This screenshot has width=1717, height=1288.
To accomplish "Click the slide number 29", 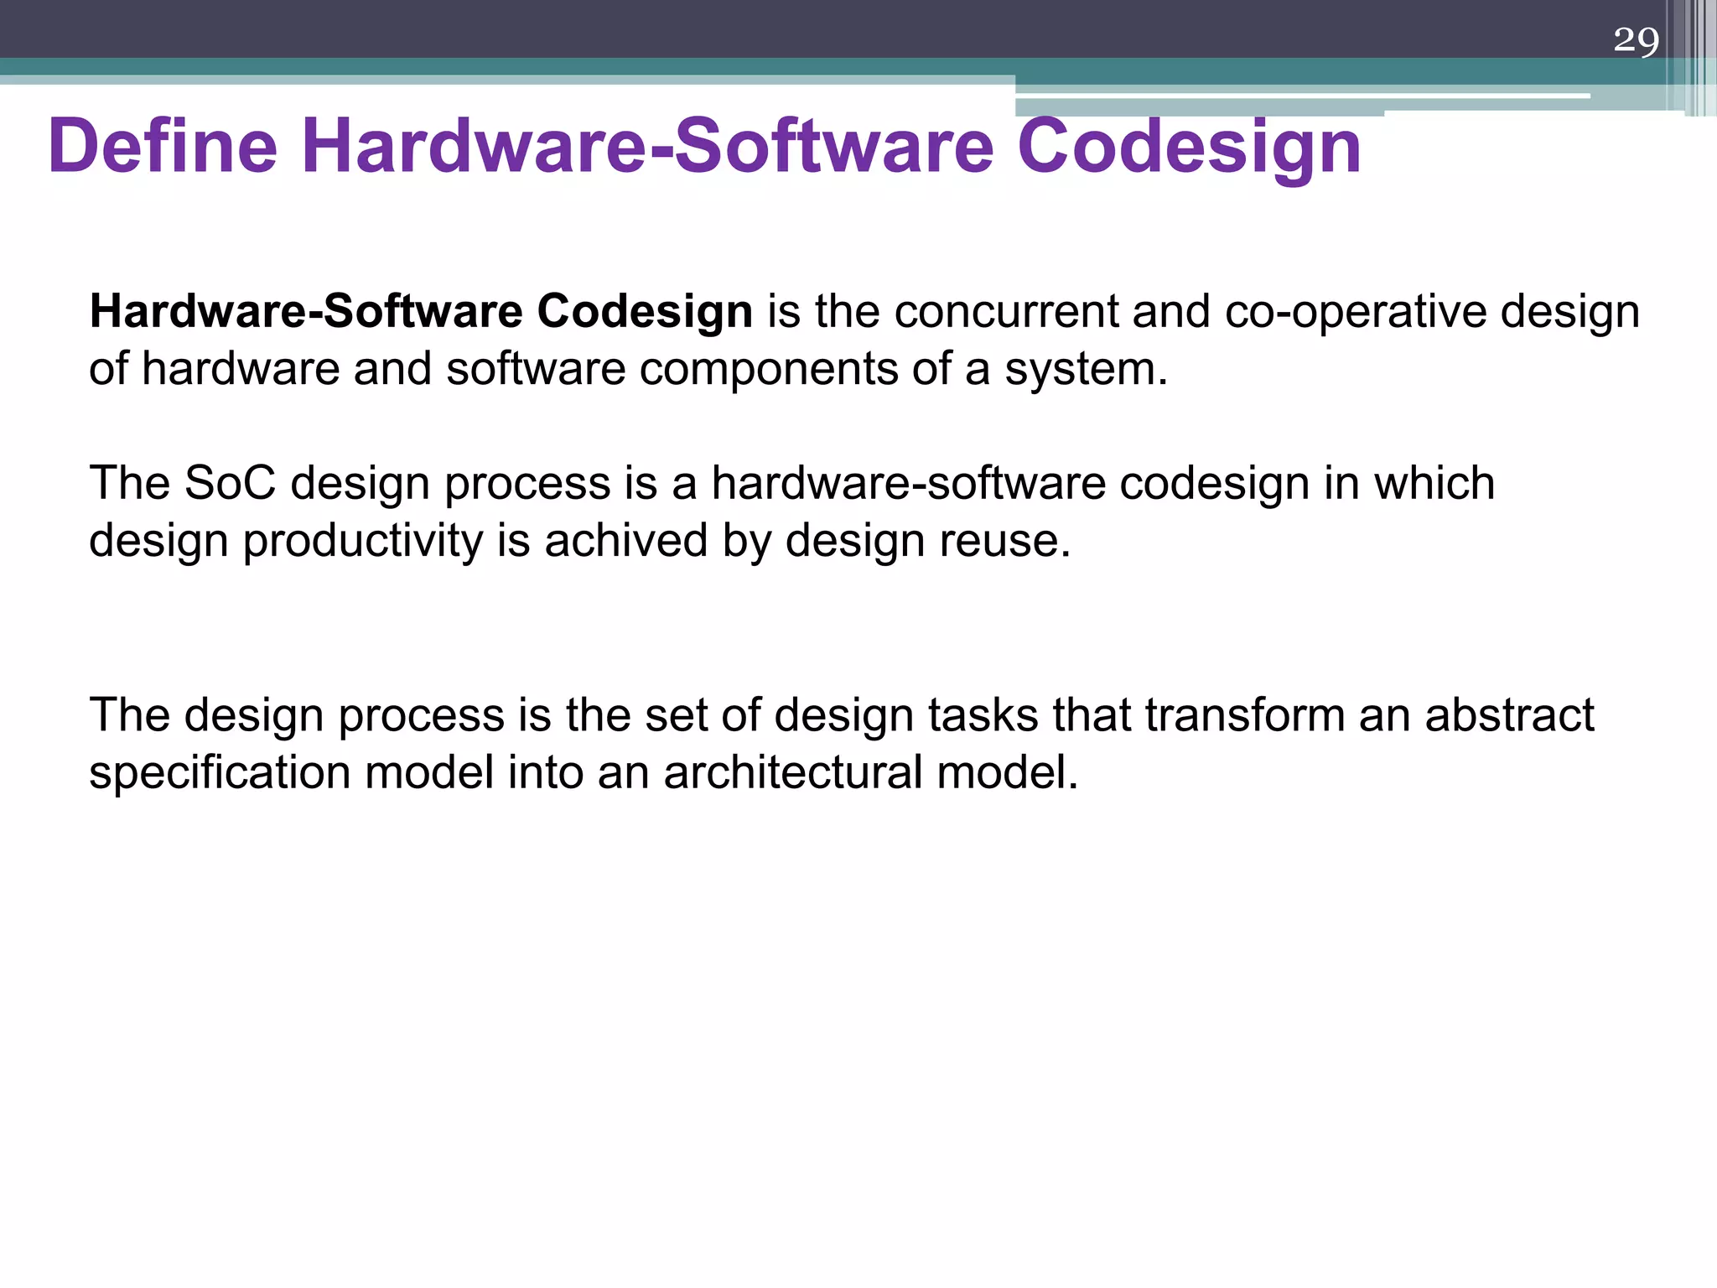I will click(1636, 40).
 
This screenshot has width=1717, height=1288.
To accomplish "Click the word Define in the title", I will click(163, 146).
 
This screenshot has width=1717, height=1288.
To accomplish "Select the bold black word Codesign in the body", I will click(644, 311).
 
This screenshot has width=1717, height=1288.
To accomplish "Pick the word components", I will click(768, 369).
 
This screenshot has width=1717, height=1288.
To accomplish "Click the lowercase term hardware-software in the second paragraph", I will click(908, 484).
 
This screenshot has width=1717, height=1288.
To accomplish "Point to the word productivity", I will click(362, 541).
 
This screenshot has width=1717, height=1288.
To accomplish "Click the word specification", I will click(220, 773).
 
